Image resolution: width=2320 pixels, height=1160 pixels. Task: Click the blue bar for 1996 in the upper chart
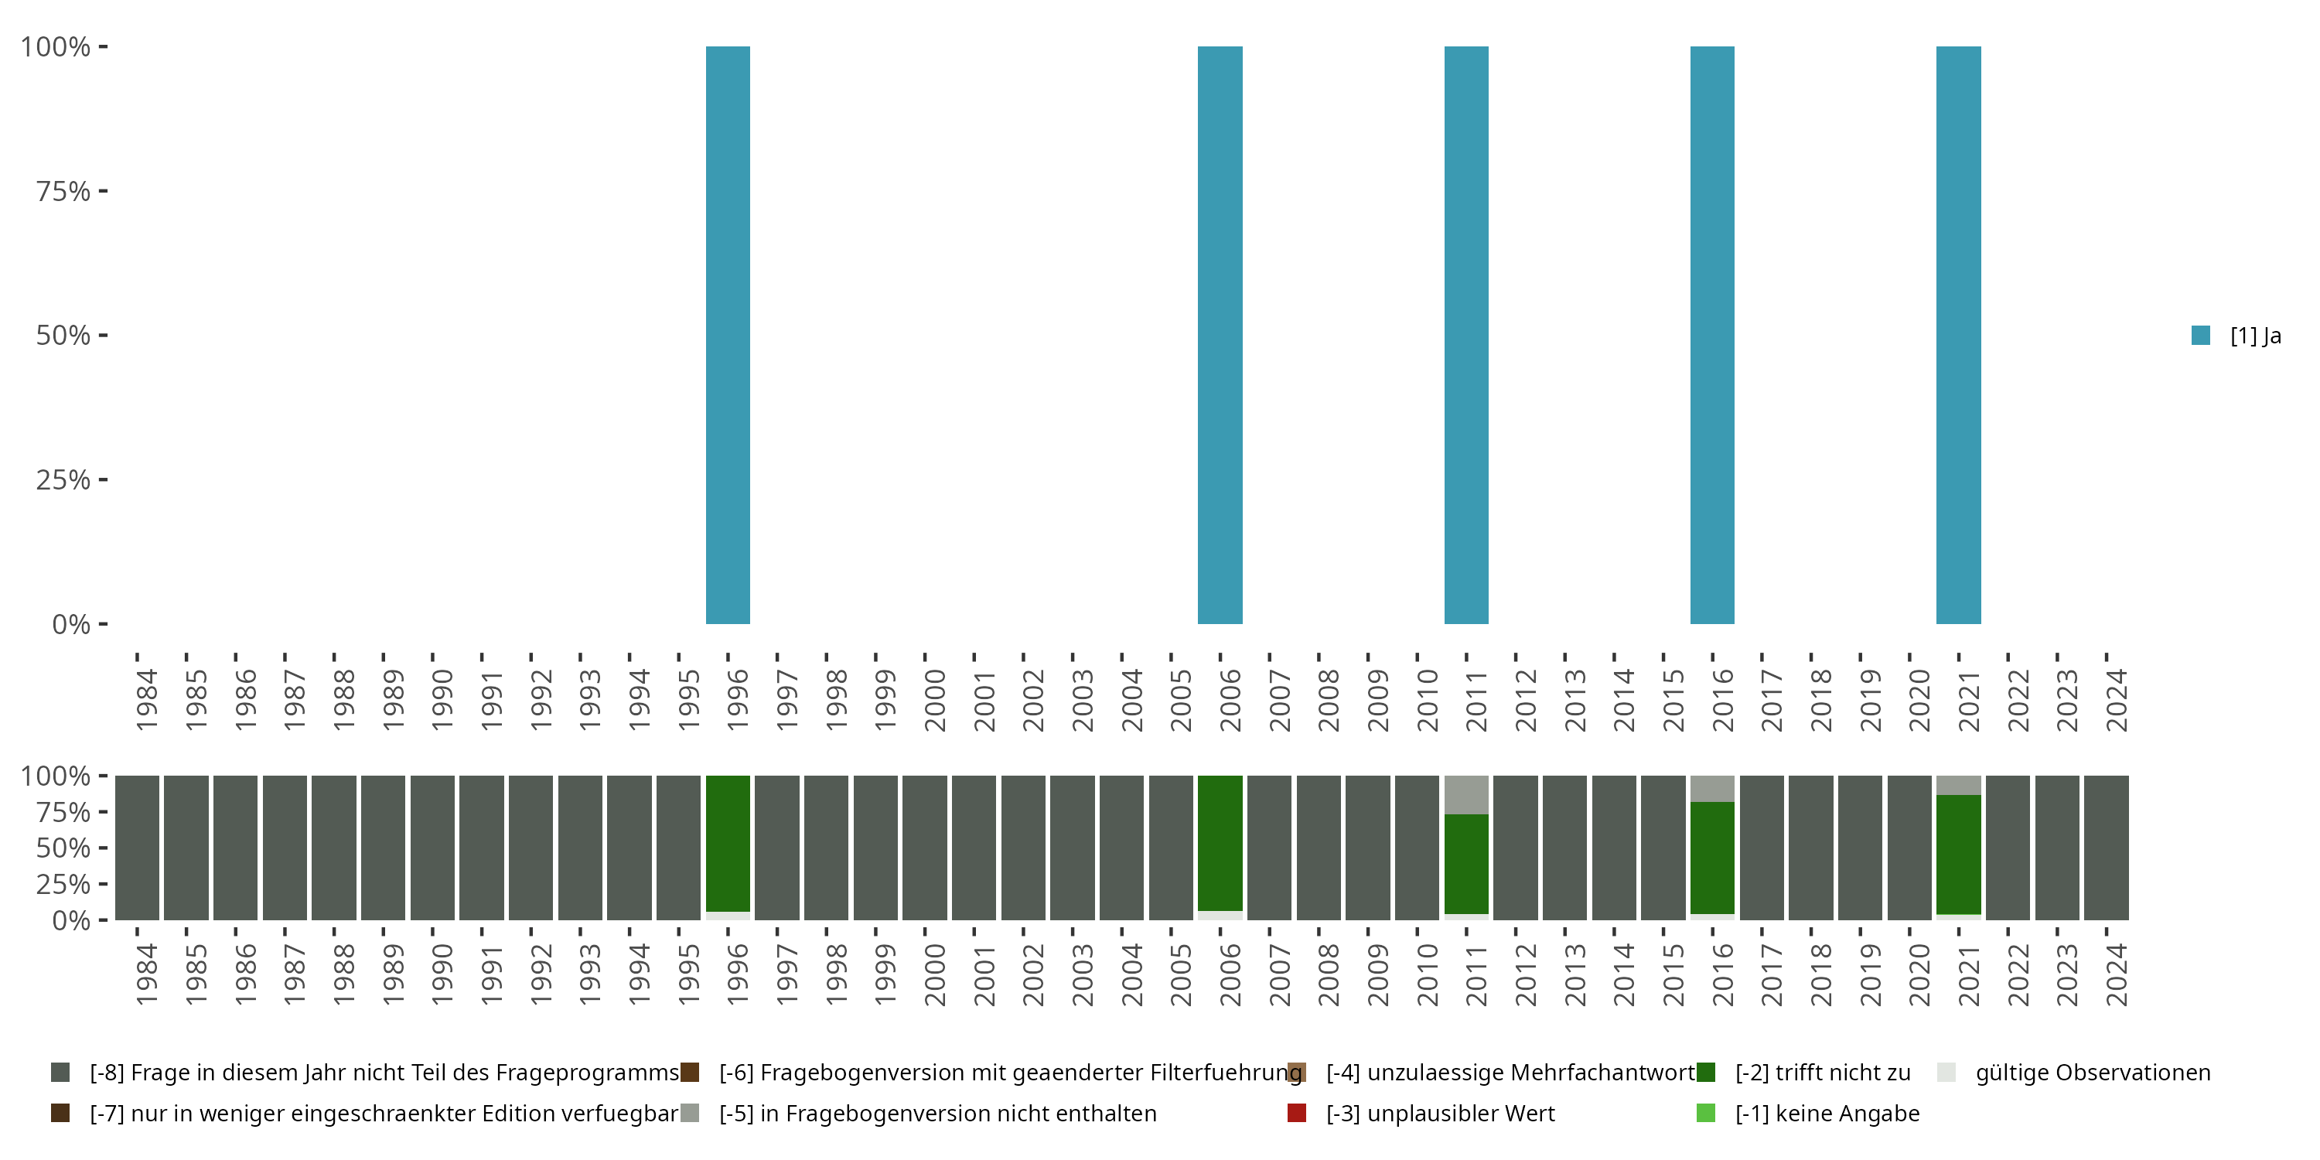click(x=728, y=335)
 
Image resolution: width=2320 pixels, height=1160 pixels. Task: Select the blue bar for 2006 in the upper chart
click(x=1220, y=335)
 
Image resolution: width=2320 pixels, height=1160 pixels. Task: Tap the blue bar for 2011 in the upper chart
click(x=1466, y=335)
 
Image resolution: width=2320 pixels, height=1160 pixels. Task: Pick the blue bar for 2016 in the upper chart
click(x=1712, y=335)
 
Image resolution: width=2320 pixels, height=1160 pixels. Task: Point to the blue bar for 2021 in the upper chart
click(x=1958, y=335)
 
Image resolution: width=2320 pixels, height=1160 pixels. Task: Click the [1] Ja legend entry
click(x=2237, y=336)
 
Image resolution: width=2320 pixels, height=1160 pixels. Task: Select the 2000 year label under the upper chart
click(x=935, y=700)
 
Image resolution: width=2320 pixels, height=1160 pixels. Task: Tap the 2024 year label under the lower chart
click(x=2117, y=974)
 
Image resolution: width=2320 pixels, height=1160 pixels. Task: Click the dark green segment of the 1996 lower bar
click(x=728, y=843)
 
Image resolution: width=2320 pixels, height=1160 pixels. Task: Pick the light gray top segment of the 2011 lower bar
click(x=1466, y=794)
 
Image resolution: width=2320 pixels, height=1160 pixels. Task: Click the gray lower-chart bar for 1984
click(x=137, y=848)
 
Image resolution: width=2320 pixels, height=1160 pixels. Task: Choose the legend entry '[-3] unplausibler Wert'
click(x=1439, y=1113)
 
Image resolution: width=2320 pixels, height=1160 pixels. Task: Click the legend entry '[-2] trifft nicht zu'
click(x=1822, y=1073)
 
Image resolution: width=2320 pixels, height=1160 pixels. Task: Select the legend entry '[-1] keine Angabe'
click(x=1827, y=1113)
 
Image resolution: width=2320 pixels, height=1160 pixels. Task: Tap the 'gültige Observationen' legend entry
click(x=2091, y=1073)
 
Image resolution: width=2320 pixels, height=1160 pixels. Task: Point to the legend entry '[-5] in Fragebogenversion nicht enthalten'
click(x=937, y=1113)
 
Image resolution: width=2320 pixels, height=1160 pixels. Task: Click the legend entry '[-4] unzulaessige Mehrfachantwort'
click(x=1509, y=1073)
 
